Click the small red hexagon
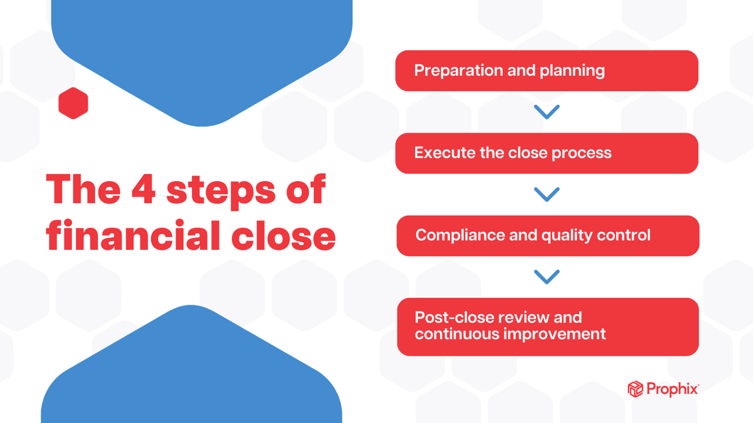73,103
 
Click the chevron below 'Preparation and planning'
546,112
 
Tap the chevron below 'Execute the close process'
546,194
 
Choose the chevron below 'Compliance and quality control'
546,277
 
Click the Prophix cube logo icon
635,389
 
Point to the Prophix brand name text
672,389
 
